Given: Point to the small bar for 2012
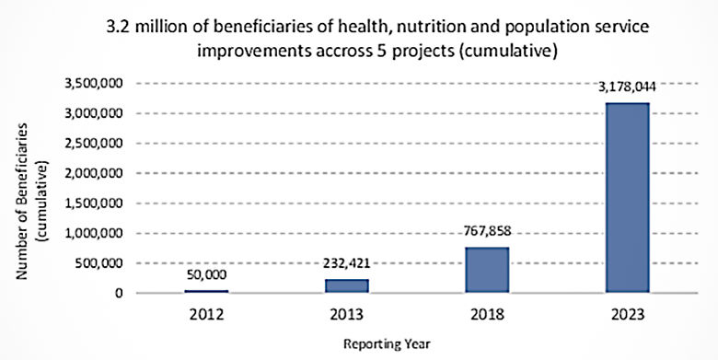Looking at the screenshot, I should tap(206, 291).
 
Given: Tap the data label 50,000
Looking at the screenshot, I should tap(206, 275).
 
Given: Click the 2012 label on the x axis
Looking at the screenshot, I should tap(206, 314).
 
